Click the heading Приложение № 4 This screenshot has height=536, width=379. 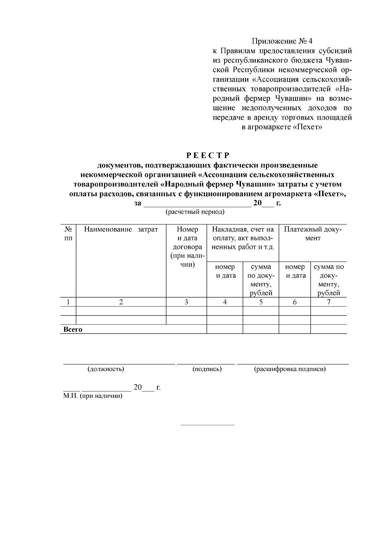(282, 41)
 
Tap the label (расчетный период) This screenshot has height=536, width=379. (195, 212)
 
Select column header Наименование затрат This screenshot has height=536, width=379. (121, 229)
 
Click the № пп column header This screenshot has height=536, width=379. (68, 234)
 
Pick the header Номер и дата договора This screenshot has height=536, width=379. (187, 247)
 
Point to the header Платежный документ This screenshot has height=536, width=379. (313, 234)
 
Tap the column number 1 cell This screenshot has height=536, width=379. (68, 302)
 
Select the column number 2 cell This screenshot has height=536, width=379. (121, 302)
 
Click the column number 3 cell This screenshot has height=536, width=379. (186, 302)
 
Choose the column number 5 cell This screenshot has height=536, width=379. (261, 302)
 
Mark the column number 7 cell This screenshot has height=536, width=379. (328, 302)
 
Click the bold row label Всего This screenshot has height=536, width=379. (73, 329)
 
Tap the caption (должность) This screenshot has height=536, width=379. (105, 369)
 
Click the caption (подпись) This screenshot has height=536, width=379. (207, 369)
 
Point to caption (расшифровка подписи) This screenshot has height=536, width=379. (290, 369)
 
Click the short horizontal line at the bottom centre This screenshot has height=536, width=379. (207, 425)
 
